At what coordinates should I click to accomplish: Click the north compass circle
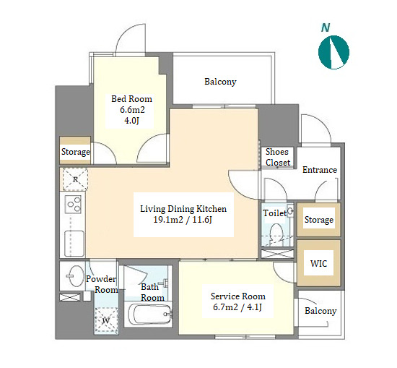333,52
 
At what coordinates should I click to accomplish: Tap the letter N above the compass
326,27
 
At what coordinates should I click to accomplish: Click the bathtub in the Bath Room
149,314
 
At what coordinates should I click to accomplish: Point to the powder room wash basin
74,276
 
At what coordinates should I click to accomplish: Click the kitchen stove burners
73,205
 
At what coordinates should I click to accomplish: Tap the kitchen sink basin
74,244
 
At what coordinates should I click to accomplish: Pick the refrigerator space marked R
75,179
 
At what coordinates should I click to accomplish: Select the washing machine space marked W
106,320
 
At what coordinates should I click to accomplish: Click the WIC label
318,263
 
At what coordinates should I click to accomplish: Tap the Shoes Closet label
277,157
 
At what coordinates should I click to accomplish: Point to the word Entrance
320,170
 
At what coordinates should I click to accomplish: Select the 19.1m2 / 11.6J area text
183,220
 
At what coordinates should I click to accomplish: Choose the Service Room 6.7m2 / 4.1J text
237,301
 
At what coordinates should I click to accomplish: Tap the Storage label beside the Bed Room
76,152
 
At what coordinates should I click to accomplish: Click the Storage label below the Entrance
319,220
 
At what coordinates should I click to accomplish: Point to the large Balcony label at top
220,82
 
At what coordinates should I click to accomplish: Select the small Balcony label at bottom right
320,311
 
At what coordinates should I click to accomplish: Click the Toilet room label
275,213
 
